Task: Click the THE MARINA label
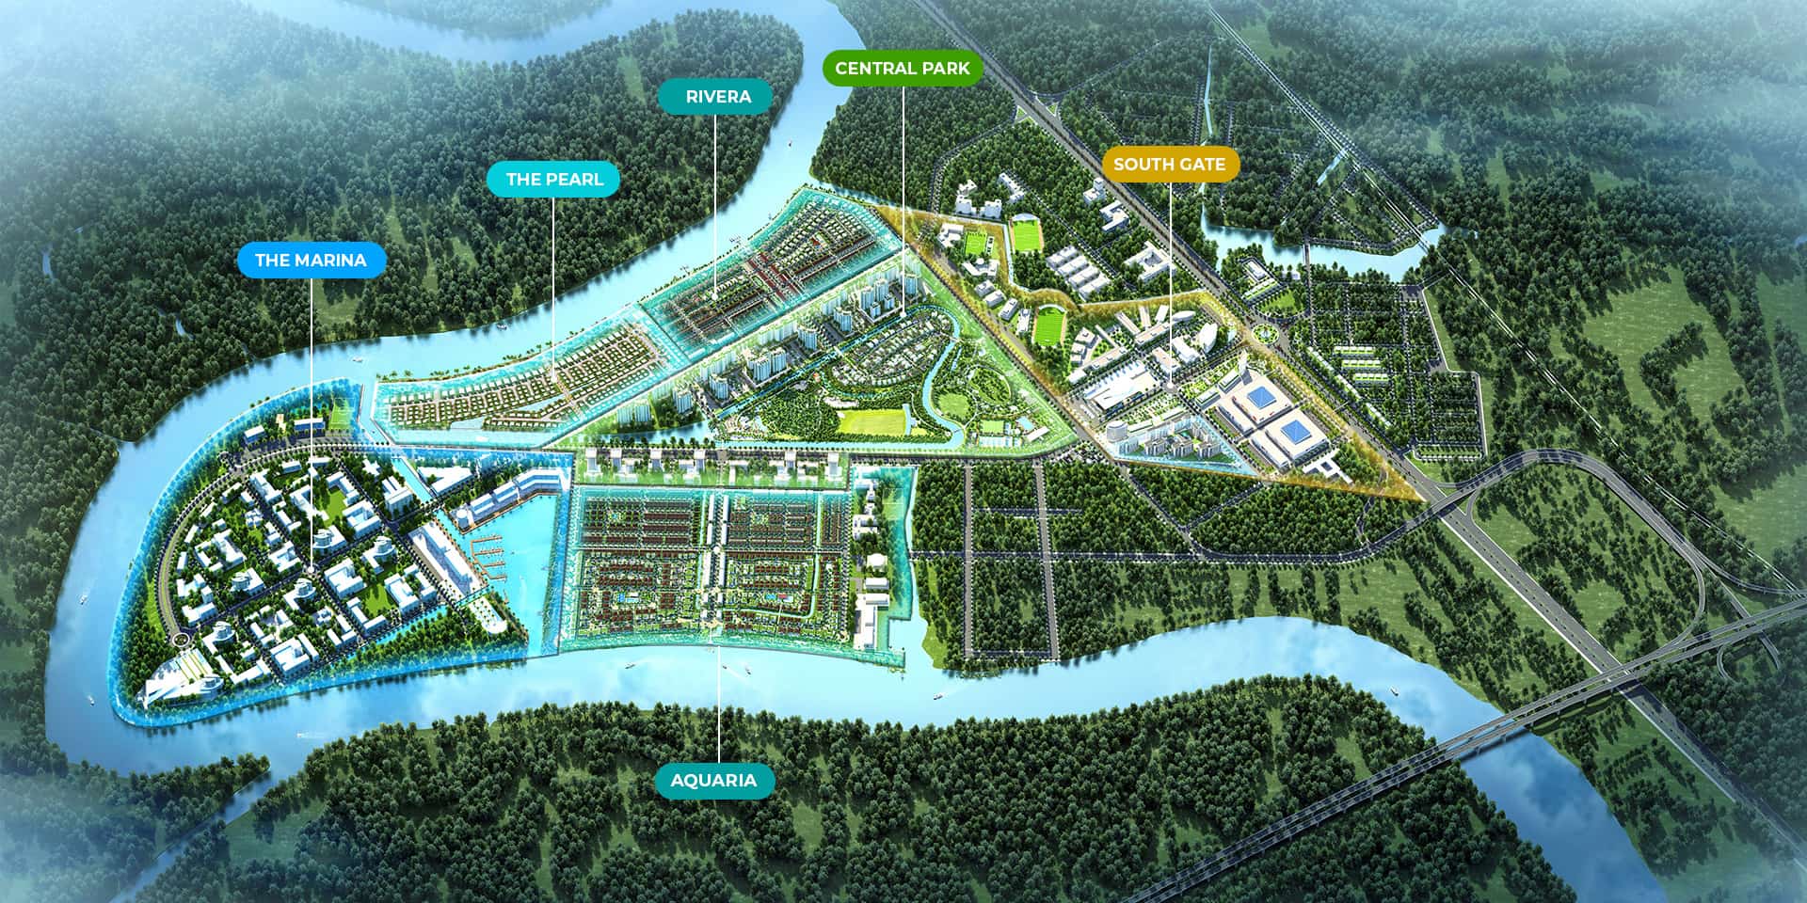[x=311, y=260]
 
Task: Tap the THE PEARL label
[x=554, y=179]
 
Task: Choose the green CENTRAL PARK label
[x=902, y=68]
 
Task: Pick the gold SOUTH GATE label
[x=1169, y=164]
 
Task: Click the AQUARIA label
[x=713, y=781]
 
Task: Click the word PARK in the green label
[x=945, y=68]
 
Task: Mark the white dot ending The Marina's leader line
[x=311, y=570]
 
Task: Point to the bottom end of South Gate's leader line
[x=1170, y=383]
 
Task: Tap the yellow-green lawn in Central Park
[x=871, y=421]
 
